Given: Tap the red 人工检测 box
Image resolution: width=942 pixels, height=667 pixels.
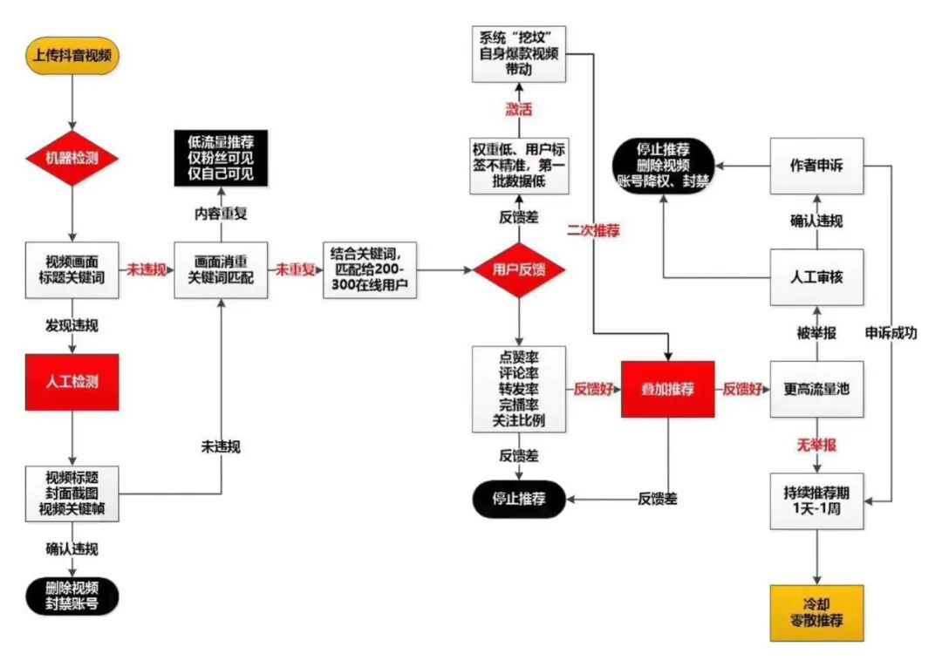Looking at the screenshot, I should (x=73, y=382).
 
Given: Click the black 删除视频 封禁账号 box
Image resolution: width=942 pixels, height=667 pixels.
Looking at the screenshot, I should (x=73, y=596).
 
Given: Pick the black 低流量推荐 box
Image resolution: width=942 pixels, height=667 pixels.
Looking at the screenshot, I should (x=221, y=157).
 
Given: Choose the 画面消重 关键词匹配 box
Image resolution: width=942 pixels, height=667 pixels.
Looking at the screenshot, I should (x=221, y=269).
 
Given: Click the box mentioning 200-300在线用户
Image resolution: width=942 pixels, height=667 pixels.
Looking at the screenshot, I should (x=369, y=269).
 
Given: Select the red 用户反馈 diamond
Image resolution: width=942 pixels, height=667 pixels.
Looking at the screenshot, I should (x=519, y=269).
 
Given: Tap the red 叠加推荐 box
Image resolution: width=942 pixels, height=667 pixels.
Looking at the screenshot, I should (x=667, y=390).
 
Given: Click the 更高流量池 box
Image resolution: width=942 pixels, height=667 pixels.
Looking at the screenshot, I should (x=816, y=390).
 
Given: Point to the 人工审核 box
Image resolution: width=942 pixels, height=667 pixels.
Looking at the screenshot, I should (x=816, y=277).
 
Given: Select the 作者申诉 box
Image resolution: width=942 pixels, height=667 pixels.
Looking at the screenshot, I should (x=816, y=166).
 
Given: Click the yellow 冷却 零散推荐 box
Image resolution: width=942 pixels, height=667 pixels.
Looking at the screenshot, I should (x=816, y=613).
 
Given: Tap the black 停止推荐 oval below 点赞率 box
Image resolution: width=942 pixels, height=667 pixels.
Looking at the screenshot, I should (x=519, y=499).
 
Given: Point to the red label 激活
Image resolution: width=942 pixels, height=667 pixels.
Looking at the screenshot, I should (x=519, y=110).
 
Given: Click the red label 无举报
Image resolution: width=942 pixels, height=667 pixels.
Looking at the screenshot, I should (x=816, y=446).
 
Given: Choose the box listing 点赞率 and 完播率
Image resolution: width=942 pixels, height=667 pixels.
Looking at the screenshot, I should (x=519, y=390).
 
